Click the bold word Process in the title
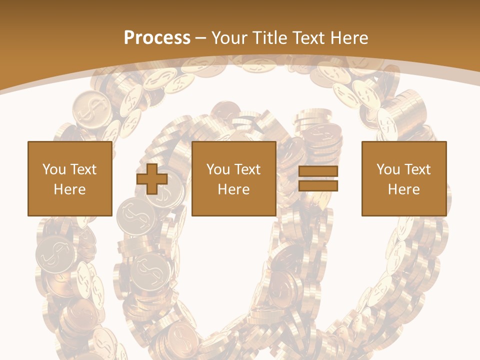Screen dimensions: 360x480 pos(157,38)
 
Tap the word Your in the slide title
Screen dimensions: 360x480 pos(228,38)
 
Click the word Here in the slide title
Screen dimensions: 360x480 pos(350,38)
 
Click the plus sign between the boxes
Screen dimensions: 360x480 pos(152,179)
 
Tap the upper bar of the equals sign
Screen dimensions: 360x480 pos(318,171)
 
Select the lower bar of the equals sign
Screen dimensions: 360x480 pos(318,185)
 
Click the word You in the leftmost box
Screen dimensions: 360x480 pos(54,169)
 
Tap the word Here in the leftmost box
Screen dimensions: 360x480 pos(69,189)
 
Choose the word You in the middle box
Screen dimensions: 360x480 pos(218,169)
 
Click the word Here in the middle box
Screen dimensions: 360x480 pos(233,189)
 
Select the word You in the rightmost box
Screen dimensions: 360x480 pos(388,169)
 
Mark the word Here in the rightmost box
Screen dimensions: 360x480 pos(403,189)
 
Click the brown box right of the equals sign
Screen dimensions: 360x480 pos(403,205)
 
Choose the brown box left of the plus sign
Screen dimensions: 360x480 pos(69,205)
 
